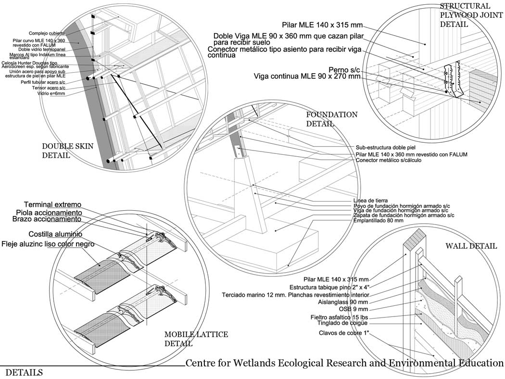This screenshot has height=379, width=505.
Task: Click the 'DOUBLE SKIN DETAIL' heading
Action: [x=68, y=151]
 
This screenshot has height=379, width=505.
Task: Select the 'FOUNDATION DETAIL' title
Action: [x=331, y=119]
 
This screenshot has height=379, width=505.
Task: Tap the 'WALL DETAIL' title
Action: [x=471, y=246]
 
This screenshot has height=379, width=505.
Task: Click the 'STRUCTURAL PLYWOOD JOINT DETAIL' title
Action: [x=465, y=15]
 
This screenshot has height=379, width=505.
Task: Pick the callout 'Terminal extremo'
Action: [x=53, y=204]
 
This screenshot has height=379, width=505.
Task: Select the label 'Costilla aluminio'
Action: [x=55, y=234]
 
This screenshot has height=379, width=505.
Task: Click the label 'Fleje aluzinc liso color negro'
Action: [x=48, y=244]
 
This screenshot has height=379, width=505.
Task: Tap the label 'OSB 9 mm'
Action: [x=353, y=309]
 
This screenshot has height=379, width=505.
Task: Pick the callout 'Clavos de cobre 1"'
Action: [x=344, y=333]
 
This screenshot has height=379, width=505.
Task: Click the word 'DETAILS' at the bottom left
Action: [x=24, y=372]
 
